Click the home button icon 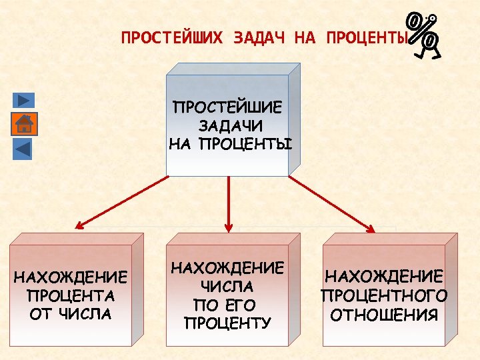pos(23,124)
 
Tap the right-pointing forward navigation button pos(23,100)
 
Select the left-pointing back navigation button pos(23,147)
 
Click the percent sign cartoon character pos(425,35)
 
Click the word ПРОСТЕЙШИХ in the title pos(172,38)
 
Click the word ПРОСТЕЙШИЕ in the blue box pos(227,107)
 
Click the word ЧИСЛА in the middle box pos(227,287)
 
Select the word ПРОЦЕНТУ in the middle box pos(227,323)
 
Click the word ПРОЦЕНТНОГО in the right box pos(384,295)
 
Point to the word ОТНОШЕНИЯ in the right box pos(384,314)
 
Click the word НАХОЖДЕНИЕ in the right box pos(384,277)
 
